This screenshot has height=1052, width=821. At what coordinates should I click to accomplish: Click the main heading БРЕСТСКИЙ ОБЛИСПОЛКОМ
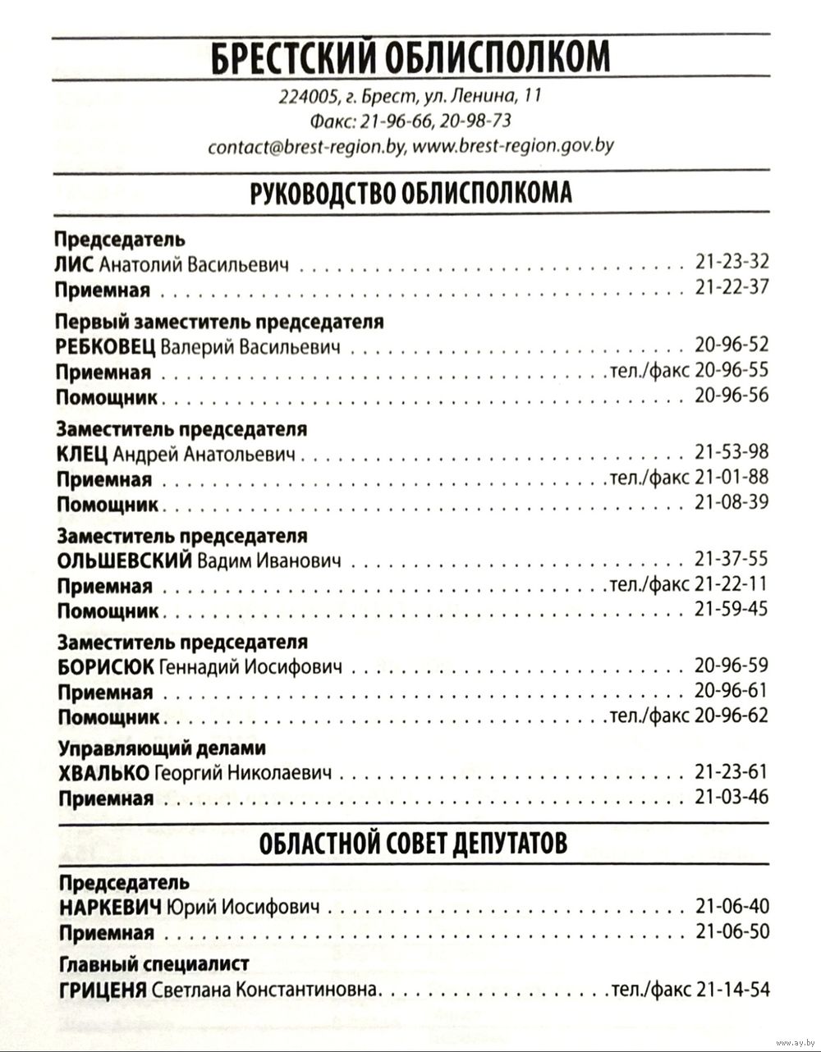click(410, 58)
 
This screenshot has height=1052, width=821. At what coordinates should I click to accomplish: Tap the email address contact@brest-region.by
click(307, 147)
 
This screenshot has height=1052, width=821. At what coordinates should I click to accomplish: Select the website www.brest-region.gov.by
click(512, 147)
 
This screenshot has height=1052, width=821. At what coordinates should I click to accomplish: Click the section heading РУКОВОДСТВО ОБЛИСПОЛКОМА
click(410, 194)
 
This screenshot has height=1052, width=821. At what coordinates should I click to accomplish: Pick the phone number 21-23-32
click(732, 263)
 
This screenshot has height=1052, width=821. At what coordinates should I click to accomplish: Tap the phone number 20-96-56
click(732, 395)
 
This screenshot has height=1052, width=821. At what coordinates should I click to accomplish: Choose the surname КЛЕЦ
click(81, 454)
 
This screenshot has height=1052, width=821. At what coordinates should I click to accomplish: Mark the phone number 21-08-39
click(732, 501)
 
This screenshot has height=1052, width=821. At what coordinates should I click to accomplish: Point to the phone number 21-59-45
click(732, 609)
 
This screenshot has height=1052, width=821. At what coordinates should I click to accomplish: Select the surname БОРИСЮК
click(105, 667)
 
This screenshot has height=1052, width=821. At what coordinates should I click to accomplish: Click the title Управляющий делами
click(163, 748)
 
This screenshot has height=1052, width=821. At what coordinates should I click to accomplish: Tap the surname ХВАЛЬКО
click(103, 773)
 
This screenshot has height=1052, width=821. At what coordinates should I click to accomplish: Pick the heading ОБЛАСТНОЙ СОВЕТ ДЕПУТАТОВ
click(413, 843)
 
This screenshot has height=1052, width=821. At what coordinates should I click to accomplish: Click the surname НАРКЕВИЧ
click(111, 908)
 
